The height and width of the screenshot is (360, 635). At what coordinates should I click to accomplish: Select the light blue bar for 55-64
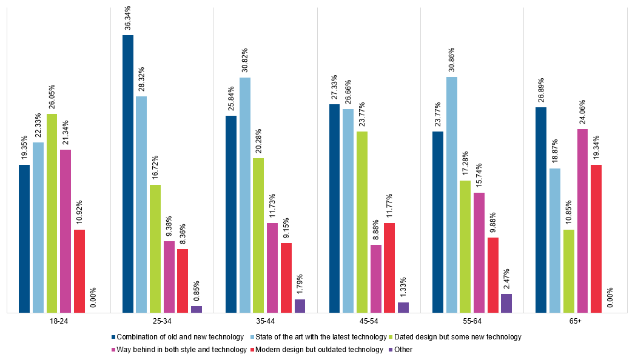[451, 195]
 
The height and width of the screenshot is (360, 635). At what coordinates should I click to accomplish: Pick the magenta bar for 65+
[582, 221]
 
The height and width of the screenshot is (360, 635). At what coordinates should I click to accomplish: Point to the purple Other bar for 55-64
[506, 303]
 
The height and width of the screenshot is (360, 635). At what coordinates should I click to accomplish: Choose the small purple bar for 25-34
[197, 309]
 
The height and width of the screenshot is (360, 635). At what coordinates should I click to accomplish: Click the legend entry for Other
[400, 349]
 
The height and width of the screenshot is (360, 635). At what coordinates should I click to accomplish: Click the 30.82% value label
[244, 61]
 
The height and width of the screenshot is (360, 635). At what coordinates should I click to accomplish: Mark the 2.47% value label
[506, 279]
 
